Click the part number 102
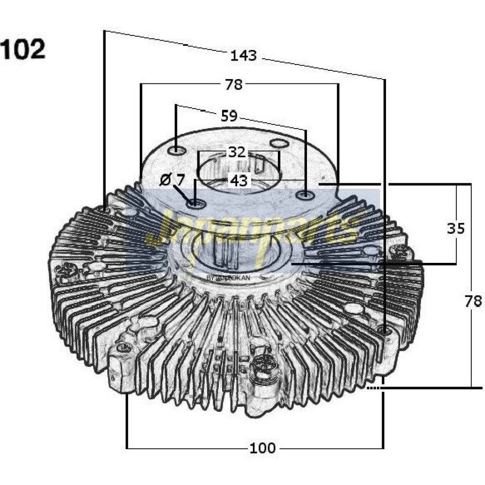pos(23,49)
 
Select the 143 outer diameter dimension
pos(243,56)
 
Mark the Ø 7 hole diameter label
pos(172,180)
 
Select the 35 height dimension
pos(455,228)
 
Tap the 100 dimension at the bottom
pos(263,448)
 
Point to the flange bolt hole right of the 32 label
pos(279,144)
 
